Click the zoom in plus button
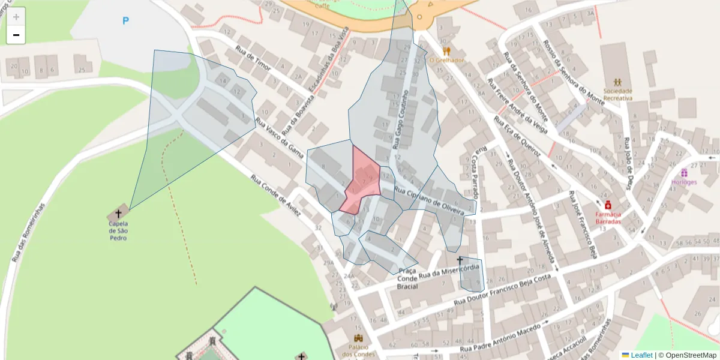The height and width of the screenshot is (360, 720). pos(16,17)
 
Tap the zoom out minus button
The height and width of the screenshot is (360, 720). pos(16,35)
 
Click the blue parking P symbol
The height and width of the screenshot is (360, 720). pos(125,21)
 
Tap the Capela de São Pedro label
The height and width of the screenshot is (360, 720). pos(118,230)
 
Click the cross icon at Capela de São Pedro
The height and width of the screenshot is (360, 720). pos(118,213)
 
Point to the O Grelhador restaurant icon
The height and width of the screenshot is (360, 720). pos(446,51)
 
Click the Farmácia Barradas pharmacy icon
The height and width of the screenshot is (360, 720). pos(608,205)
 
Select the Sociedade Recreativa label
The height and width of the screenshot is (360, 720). pos(617,94)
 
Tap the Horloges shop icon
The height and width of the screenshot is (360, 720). pos(683,173)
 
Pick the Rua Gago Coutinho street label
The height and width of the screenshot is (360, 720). pos(400,120)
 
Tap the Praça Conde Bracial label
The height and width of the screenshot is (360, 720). pos(407,279)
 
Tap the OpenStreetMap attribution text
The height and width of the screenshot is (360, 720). pos(688,355)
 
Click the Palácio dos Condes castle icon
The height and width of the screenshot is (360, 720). pos(359,338)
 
